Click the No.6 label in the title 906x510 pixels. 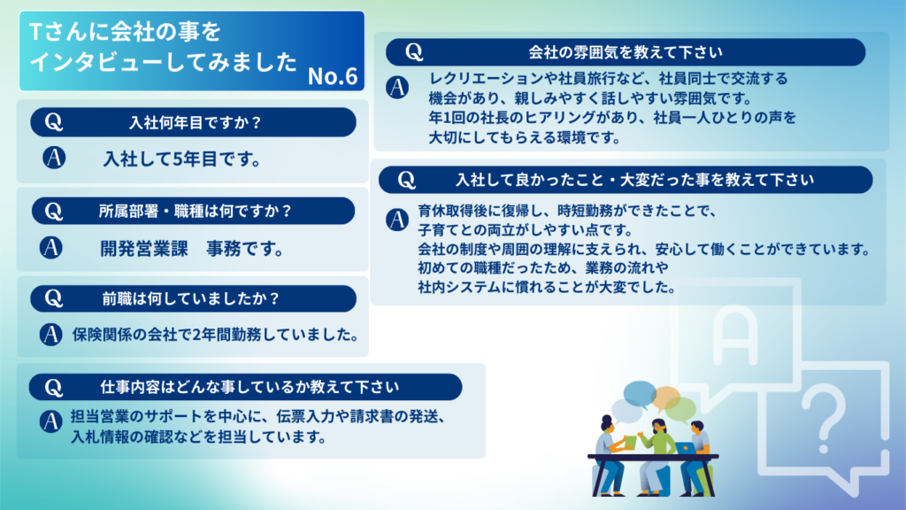pos(333,76)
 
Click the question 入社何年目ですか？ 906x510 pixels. pos(196,122)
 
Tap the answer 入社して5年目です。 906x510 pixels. pos(182,159)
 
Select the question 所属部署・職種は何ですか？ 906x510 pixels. pos(196,211)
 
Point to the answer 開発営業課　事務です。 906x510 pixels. pos(193,249)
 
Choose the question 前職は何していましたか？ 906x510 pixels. pos(191,298)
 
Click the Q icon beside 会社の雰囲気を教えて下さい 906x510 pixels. pos(414,52)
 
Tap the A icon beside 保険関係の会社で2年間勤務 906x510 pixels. pos(50,334)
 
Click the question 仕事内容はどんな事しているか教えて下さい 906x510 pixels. pos(250,387)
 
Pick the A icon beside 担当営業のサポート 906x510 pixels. pos(50,421)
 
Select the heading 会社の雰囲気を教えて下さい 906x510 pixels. pos(626,52)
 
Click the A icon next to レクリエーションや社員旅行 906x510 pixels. pos(397,88)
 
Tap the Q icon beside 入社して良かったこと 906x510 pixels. pos(406,180)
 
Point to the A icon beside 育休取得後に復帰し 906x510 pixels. pos(397,220)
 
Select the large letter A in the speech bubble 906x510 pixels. pos(735,336)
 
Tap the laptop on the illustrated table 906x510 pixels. pos(685,449)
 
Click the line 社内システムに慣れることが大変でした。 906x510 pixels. pos(547,288)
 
